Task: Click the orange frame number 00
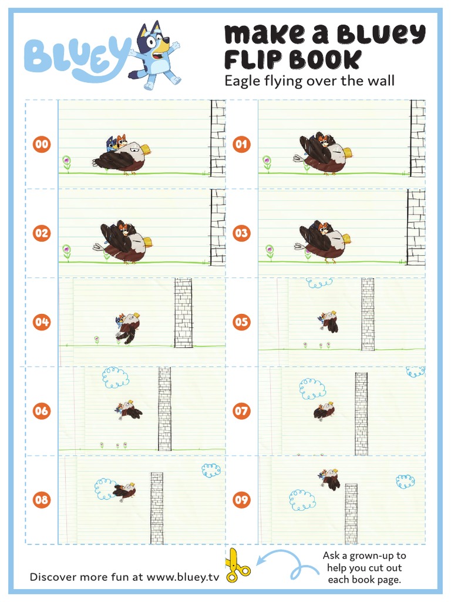click(41, 144)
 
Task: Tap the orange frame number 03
click(241, 233)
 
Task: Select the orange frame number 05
click(241, 322)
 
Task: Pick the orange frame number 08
click(41, 500)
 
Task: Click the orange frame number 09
click(241, 500)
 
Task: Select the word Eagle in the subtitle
click(243, 81)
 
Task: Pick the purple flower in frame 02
click(66, 250)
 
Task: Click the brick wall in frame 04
click(183, 313)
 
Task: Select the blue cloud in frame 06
click(115, 377)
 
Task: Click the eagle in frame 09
click(330, 479)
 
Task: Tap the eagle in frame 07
click(324, 412)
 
